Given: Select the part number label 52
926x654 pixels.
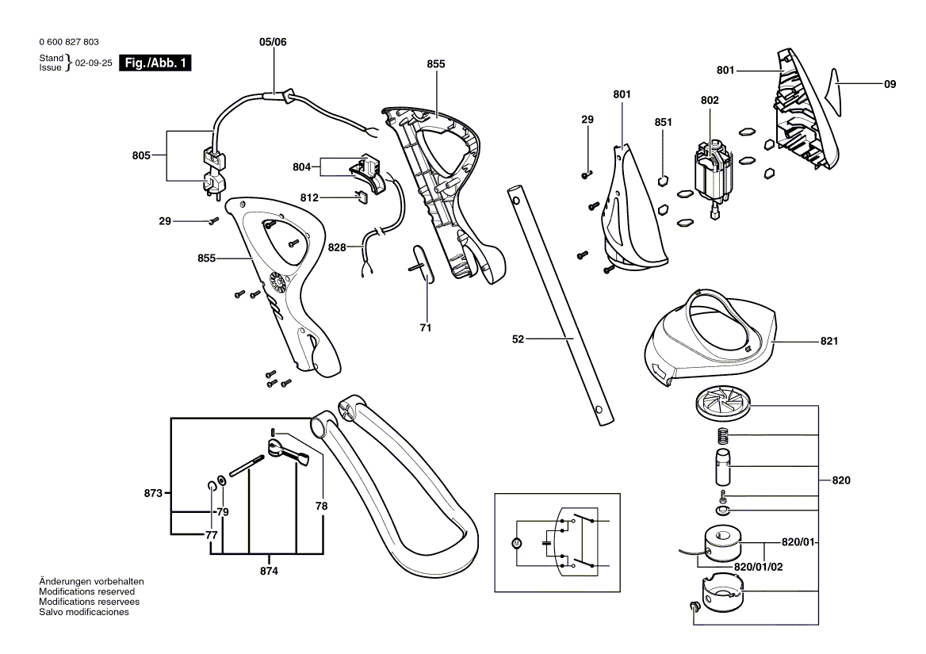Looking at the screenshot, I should tap(519, 339).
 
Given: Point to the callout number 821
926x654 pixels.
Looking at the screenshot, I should tap(829, 342).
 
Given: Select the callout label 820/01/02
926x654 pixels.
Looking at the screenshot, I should tap(757, 567).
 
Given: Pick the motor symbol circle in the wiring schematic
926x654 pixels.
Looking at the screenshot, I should tap(516, 543).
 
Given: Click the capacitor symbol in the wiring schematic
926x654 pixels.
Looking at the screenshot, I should tap(545, 543).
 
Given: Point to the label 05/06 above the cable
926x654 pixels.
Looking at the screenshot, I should tap(273, 44).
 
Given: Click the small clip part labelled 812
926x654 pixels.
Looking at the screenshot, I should tap(359, 196).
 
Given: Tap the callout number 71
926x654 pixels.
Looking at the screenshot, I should tap(425, 327).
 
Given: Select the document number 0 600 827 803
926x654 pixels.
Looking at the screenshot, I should tap(68, 41).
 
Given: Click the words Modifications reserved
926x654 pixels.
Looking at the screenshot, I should tap(86, 591).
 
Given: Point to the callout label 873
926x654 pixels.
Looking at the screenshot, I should tap(155, 494).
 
